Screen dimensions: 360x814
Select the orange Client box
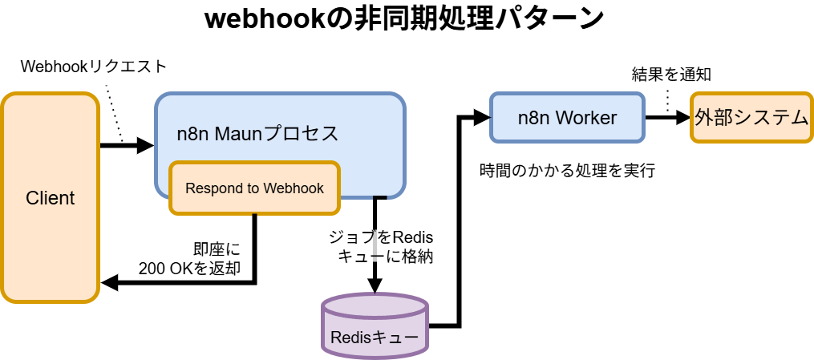tap(50, 198)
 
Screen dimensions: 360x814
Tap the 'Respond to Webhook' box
tap(254, 188)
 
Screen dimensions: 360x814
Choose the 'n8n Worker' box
tap(566, 118)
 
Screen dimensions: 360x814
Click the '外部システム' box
tap(751, 118)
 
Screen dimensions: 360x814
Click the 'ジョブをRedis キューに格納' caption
tap(382, 247)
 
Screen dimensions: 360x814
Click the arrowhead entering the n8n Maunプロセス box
tap(145, 146)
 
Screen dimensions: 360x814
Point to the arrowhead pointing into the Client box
tap(109, 283)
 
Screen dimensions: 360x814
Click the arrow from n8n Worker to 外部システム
tap(666, 118)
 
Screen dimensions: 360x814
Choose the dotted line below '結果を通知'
tap(667, 99)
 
